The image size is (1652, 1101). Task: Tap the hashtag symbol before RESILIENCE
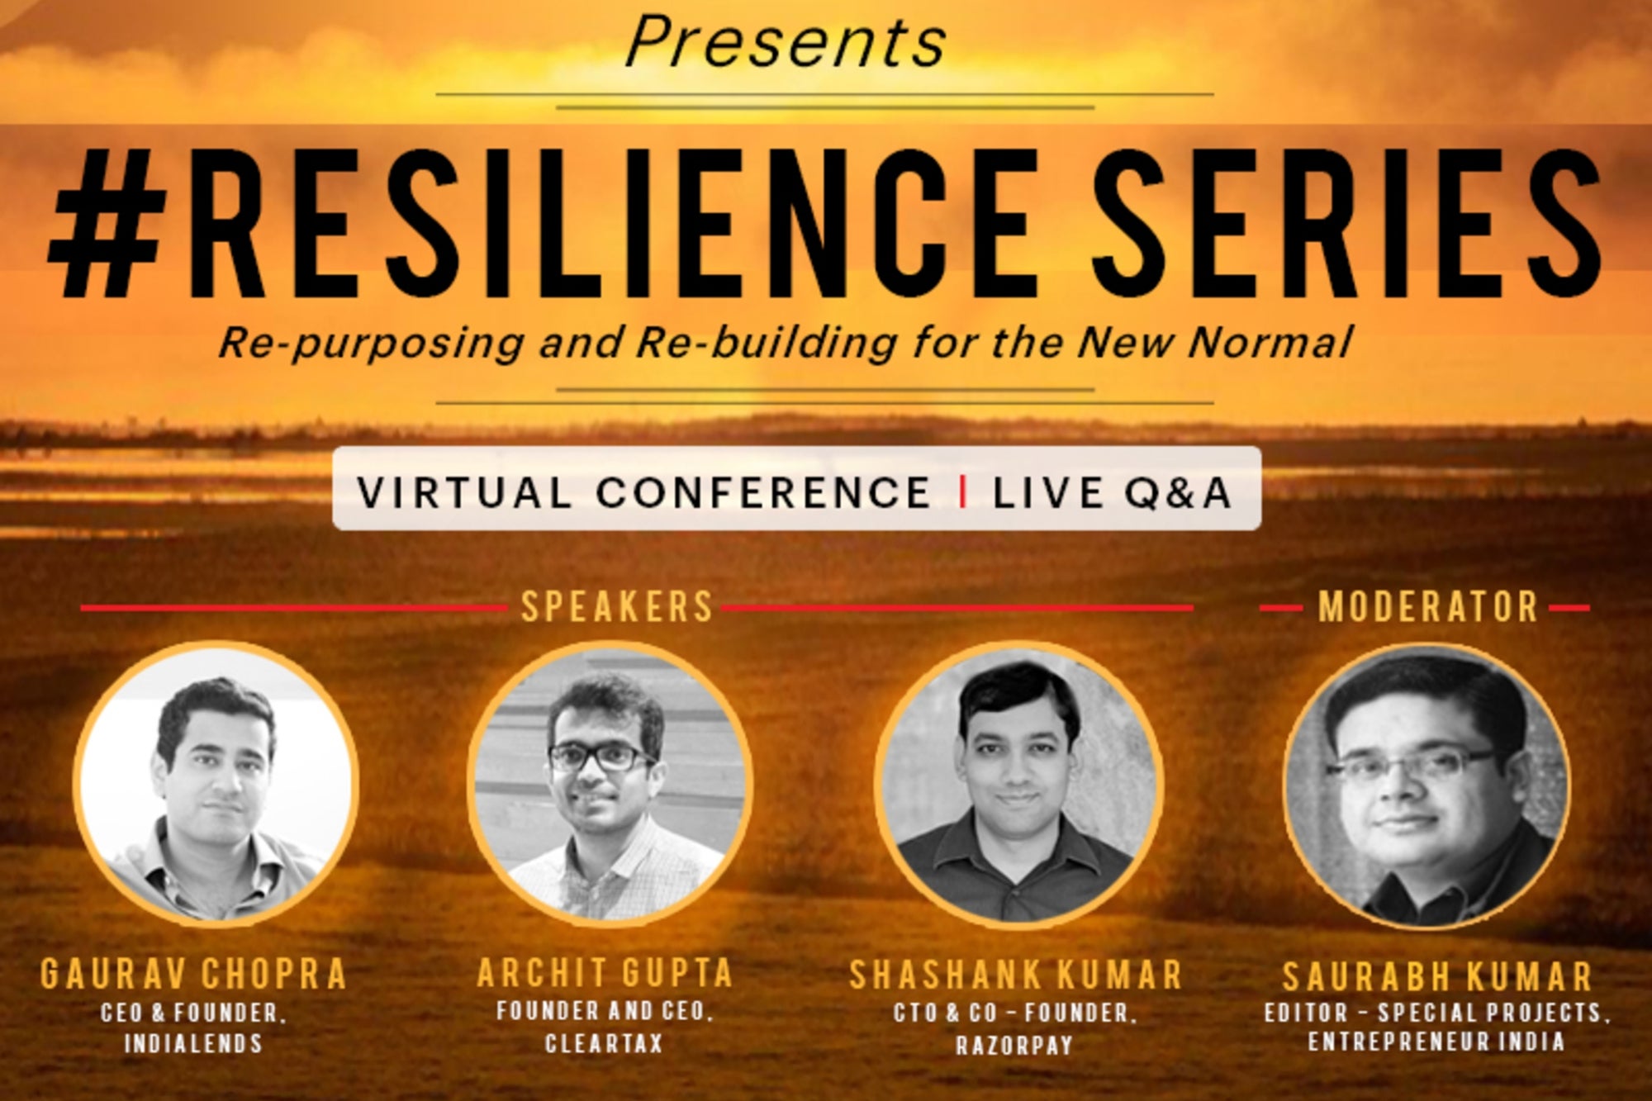pyautogui.click(x=104, y=224)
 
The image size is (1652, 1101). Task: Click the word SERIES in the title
pyautogui.click(x=1348, y=224)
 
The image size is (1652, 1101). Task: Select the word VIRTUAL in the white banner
pyautogui.click(x=464, y=492)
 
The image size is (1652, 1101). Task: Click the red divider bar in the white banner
pyautogui.click(x=962, y=492)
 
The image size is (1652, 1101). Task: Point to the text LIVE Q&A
pyautogui.click(x=1112, y=492)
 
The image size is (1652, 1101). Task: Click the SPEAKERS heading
pyautogui.click(x=617, y=607)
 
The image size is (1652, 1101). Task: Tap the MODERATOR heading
pyautogui.click(x=1428, y=607)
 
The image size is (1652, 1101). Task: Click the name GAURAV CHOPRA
pyautogui.click(x=193, y=974)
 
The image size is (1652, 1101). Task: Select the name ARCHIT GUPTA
pyautogui.click(x=605, y=972)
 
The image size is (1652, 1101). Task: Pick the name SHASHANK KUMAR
pyautogui.click(x=1016, y=975)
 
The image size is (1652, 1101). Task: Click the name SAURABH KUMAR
pyautogui.click(x=1437, y=976)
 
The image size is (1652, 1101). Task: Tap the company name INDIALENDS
pyautogui.click(x=193, y=1043)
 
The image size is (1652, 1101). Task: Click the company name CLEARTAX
pyautogui.click(x=604, y=1043)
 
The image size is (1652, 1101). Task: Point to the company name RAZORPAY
pyautogui.click(x=1014, y=1046)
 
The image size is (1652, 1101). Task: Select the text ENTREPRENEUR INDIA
pyautogui.click(x=1436, y=1042)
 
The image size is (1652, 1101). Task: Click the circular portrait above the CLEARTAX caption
pyautogui.click(x=610, y=784)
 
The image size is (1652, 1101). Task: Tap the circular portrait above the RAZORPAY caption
pyautogui.click(x=1018, y=784)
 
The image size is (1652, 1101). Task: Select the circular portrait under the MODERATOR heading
pyautogui.click(x=1427, y=785)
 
